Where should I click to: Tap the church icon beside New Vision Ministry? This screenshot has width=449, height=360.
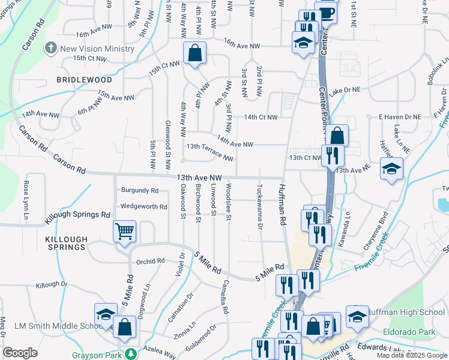51,47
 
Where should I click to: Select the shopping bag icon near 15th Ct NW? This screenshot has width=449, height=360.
194,53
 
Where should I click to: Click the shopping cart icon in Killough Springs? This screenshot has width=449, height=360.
124,230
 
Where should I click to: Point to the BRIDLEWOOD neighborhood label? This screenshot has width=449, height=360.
84,79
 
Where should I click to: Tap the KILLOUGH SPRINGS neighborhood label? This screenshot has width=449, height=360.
66,243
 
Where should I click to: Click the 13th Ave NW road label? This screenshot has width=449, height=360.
199,178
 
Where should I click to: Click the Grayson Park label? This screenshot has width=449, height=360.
98,355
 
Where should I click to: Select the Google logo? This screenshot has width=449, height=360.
20,353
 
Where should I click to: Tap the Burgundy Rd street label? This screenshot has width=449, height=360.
139,190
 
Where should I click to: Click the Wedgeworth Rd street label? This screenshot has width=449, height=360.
143,206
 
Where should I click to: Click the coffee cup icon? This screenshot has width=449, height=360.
326,13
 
